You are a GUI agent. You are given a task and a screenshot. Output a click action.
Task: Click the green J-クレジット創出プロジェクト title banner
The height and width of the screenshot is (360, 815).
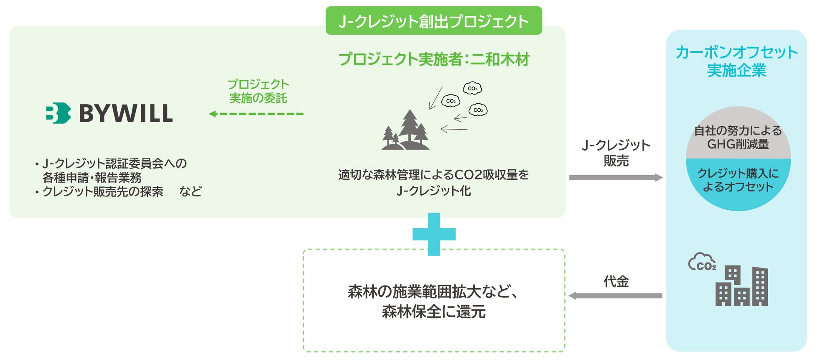[433, 21]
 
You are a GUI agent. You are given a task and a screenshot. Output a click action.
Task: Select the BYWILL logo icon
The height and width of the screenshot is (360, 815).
[58, 113]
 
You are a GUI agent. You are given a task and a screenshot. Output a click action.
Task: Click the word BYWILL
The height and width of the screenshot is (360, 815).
[126, 113]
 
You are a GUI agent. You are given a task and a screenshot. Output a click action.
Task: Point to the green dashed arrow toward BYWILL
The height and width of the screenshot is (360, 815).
[256, 114]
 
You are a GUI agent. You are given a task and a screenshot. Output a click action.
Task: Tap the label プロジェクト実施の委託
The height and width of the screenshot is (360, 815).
[258, 91]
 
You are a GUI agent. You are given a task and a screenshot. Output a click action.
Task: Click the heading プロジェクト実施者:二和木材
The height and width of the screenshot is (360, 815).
[433, 59]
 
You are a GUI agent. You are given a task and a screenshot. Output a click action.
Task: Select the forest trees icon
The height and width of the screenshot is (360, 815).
[406, 130]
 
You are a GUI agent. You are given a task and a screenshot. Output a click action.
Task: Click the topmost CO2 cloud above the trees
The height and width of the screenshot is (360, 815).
[472, 88]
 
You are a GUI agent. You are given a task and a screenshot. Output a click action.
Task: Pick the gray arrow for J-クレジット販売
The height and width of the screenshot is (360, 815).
[616, 177]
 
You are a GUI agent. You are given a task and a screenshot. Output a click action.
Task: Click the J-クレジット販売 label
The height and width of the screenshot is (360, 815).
[616, 153]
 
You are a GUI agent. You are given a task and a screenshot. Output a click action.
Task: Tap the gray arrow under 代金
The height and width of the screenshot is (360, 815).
[615, 296]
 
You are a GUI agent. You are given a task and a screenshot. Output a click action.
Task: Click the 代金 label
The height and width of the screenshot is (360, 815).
[616, 281]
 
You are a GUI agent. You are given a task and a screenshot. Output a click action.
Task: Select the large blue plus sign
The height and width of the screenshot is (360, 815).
[434, 234]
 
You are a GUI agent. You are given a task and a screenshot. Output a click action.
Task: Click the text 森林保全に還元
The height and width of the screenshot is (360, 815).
[433, 312]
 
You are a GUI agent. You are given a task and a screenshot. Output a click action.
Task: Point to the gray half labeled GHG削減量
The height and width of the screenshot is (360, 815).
[738, 136]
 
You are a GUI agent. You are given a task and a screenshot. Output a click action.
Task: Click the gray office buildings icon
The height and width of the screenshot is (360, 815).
[741, 287]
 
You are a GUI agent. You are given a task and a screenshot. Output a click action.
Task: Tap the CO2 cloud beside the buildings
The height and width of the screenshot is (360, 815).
[703, 263]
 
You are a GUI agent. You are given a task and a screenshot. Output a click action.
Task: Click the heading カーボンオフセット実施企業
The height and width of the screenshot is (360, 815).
[736, 61]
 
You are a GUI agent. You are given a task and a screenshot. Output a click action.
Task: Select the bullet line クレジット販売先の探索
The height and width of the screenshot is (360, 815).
[103, 191]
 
